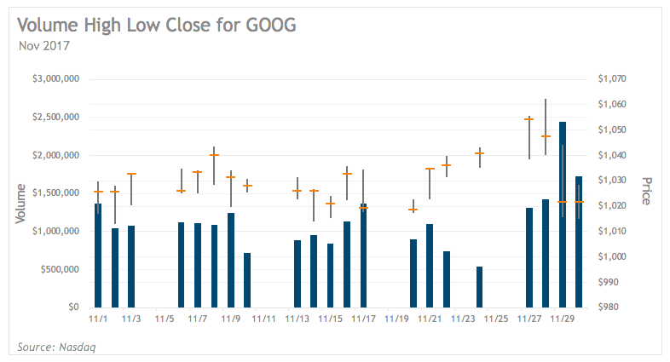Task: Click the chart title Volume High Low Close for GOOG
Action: coord(156,25)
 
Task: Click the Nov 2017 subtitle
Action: coord(44,45)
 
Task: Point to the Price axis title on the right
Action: coord(645,191)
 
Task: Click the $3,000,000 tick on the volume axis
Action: coord(56,79)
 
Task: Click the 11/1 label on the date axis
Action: coord(98,319)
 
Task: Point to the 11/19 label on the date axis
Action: coord(397,319)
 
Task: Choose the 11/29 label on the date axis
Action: coord(563,319)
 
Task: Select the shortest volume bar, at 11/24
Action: coord(479,288)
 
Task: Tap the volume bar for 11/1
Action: coord(98,256)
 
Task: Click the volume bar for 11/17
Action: coord(364,256)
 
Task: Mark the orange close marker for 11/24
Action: coord(479,153)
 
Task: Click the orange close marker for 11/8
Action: coord(214,155)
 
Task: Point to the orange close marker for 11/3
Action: coord(131,174)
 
